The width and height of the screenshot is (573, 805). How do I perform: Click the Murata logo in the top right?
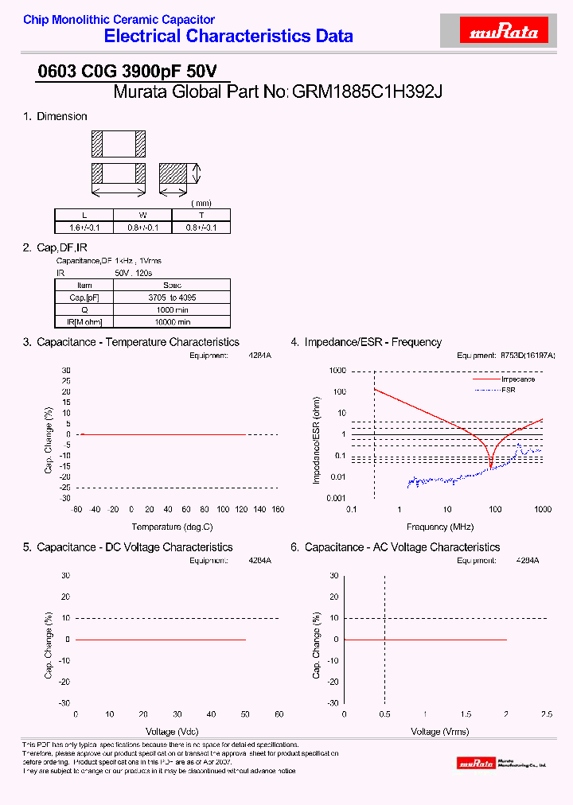(x=505, y=32)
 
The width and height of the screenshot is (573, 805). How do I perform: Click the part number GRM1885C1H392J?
(x=367, y=91)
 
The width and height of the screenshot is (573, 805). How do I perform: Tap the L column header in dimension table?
(x=84, y=215)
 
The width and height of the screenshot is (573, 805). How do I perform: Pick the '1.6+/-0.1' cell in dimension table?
(x=84, y=227)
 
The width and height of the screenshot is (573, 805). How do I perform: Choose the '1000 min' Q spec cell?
(x=172, y=309)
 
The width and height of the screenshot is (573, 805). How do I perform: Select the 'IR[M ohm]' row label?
(x=84, y=322)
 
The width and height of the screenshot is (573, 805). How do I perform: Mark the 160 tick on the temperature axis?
(x=278, y=509)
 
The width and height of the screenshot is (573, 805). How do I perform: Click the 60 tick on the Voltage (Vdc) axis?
(x=279, y=714)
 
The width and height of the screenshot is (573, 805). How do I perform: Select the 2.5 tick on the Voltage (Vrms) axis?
(x=546, y=714)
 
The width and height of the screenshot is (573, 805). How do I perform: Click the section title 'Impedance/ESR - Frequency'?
(x=372, y=342)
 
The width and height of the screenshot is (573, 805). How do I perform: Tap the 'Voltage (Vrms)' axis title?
(x=439, y=731)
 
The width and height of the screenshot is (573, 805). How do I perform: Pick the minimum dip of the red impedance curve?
(x=490, y=466)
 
